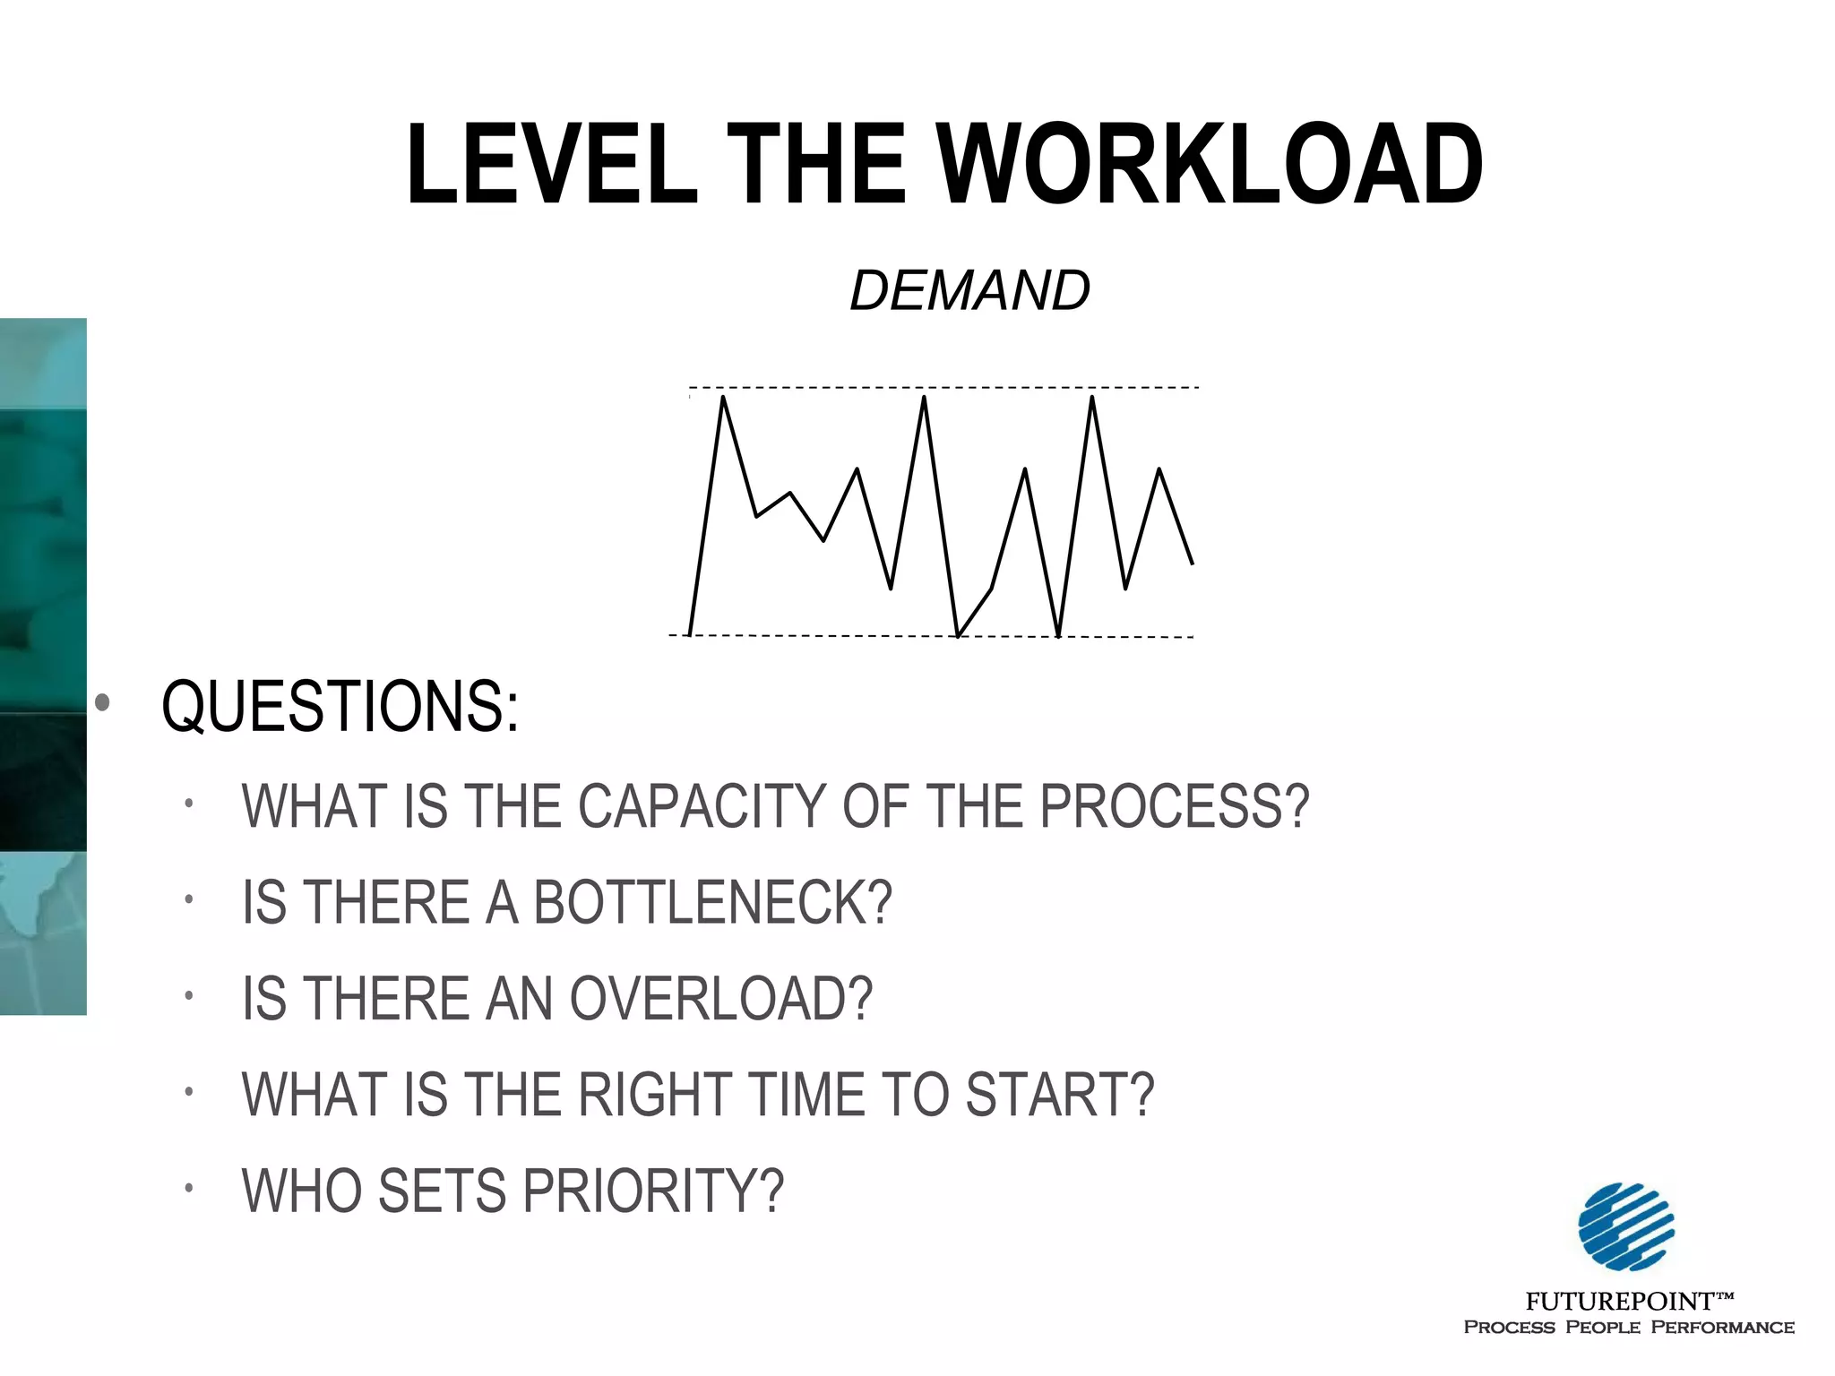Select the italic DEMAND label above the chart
pos(969,291)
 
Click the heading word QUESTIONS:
pos(340,707)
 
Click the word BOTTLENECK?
pos(713,902)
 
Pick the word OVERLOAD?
pos(720,999)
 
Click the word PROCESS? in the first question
pos(1174,806)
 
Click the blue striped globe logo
pos(1626,1226)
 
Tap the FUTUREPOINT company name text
pos(1620,1301)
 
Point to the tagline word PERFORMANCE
pos(1722,1328)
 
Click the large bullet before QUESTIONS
pos(102,703)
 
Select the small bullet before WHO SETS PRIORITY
pos(189,1189)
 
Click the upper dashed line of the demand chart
pos(986,388)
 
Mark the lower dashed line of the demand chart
pos(851,636)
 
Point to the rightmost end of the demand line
pos(1192,563)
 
